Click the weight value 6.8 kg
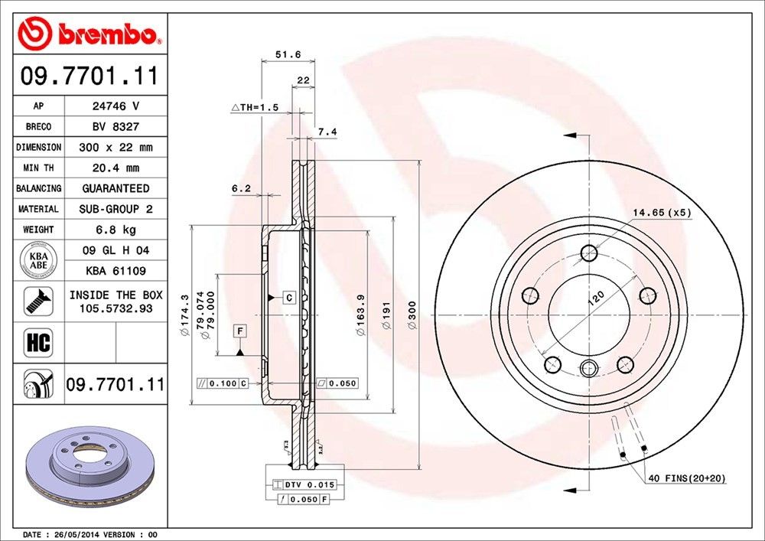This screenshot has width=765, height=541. click(116, 229)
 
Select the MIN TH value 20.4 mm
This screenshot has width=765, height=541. click(116, 168)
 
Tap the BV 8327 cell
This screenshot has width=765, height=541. click(116, 127)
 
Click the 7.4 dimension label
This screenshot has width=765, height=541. click(327, 132)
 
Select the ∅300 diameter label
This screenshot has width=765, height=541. click(412, 315)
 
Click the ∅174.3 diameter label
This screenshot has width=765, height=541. click(184, 315)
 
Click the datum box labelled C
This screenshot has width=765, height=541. click(289, 297)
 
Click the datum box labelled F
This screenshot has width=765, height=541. click(239, 331)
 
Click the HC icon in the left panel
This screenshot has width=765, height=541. click(37, 343)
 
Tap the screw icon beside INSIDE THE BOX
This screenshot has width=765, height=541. click(38, 301)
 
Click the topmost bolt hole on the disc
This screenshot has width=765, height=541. click(589, 253)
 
